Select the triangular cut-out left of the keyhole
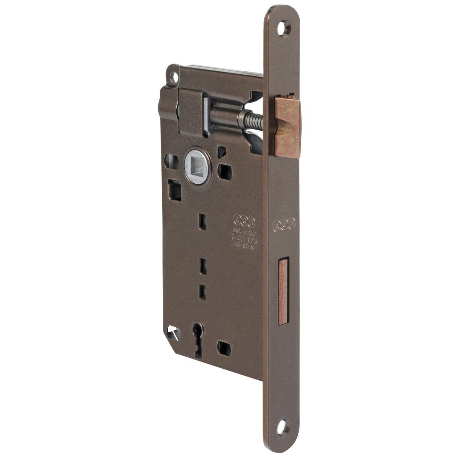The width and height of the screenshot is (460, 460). (x=171, y=330)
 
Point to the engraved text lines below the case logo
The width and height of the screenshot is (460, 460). (x=244, y=238)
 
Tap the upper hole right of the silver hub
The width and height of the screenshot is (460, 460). (x=222, y=151)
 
